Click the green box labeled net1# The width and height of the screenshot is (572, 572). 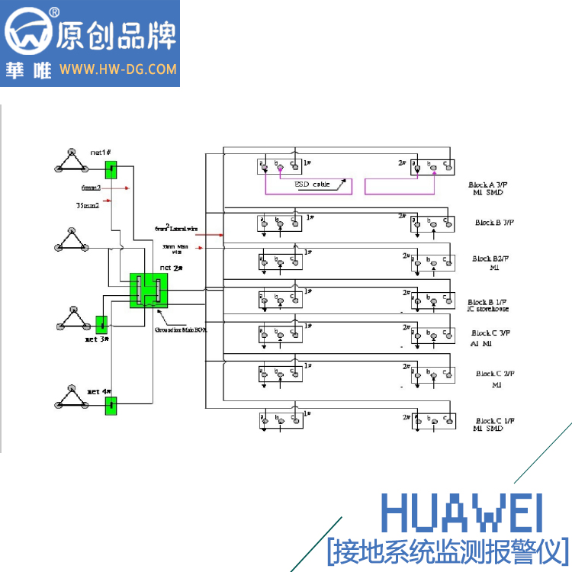pos(111,169)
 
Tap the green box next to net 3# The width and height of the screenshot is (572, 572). pos(101,323)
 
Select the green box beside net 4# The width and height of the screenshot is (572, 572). pos(111,404)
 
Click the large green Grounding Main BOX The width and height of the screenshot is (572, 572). pos(148,290)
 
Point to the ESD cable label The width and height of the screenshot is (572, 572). pos(312,185)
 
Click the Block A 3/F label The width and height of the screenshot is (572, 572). pos(490,185)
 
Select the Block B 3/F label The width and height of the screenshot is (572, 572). pos(494,223)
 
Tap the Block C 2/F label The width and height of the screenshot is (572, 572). pos(496,374)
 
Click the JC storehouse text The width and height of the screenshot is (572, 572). pos(488,309)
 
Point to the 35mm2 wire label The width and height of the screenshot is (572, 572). pos(87,205)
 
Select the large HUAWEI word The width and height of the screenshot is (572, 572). pos(462,513)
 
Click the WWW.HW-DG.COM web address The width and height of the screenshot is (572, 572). pos(118,69)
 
